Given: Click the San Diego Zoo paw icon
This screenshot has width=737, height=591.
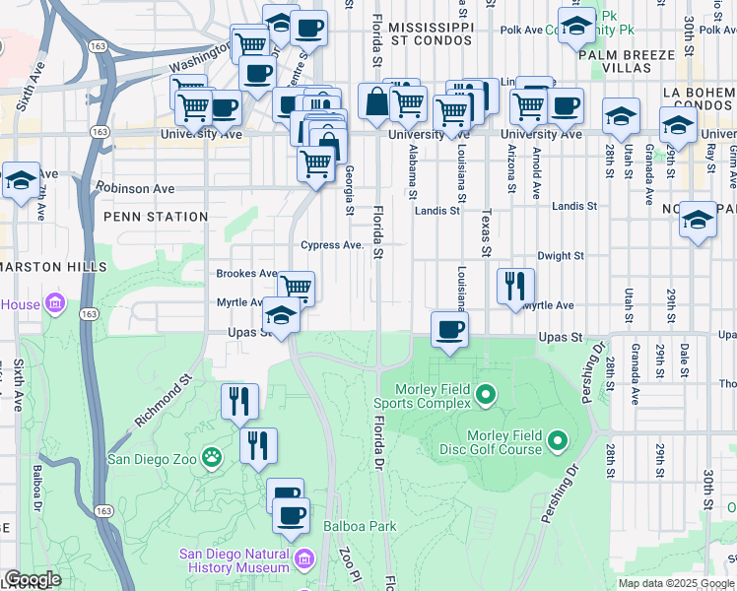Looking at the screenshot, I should (x=211, y=457).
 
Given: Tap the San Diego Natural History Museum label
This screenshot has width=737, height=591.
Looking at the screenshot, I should (x=234, y=560).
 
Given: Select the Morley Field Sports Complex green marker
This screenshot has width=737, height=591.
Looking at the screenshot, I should (x=485, y=396).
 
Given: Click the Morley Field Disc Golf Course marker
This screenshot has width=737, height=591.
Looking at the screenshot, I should (x=558, y=440).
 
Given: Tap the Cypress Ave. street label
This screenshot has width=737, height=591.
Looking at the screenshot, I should (x=332, y=245).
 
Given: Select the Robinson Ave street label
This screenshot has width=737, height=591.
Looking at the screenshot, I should (x=136, y=188).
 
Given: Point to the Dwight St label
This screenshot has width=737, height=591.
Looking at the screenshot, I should (x=561, y=255).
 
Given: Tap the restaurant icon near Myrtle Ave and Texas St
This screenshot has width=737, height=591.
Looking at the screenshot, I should (x=515, y=287).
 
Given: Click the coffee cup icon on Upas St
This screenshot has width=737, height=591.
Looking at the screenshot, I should (x=449, y=330).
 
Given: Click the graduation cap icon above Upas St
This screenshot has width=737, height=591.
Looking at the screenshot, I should (x=281, y=316).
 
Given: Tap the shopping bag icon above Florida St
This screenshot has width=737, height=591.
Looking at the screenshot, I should (x=376, y=101).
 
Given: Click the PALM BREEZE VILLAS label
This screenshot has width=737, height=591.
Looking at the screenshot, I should (x=629, y=68).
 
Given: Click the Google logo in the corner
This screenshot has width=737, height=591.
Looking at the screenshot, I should (x=33, y=579).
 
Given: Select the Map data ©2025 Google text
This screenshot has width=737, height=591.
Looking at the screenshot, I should (x=676, y=583).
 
